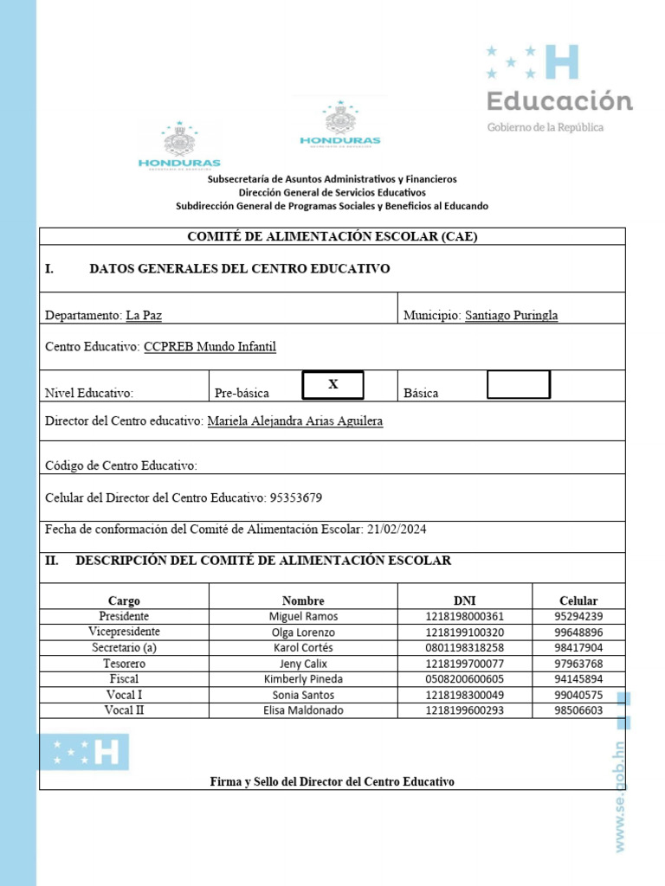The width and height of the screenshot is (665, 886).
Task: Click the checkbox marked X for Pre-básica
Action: click(332, 385)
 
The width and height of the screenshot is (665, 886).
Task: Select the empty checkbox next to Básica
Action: click(518, 385)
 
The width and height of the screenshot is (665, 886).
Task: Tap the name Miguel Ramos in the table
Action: click(303, 616)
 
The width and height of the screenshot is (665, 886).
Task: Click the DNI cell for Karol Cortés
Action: click(464, 647)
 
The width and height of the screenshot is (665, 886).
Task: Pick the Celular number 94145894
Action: click(578, 678)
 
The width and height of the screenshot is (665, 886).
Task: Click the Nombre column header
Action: click(303, 600)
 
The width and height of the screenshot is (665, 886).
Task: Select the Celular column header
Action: click(578, 600)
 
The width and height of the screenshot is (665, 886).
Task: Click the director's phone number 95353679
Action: click(296, 498)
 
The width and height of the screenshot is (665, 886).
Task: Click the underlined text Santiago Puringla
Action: click(511, 316)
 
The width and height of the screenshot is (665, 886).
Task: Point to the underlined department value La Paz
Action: click(144, 316)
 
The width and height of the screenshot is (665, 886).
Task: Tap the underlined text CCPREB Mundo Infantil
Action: click(210, 347)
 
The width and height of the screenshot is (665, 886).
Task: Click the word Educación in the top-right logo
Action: click(559, 101)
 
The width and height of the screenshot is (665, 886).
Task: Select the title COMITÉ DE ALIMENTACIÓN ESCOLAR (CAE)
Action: click(332, 236)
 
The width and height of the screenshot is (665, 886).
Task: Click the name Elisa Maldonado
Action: click(303, 710)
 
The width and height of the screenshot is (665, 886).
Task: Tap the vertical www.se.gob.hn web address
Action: click(620, 796)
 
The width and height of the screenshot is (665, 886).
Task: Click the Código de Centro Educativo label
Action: click(121, 465)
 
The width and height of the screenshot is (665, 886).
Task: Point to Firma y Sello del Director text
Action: click(332, 781)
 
